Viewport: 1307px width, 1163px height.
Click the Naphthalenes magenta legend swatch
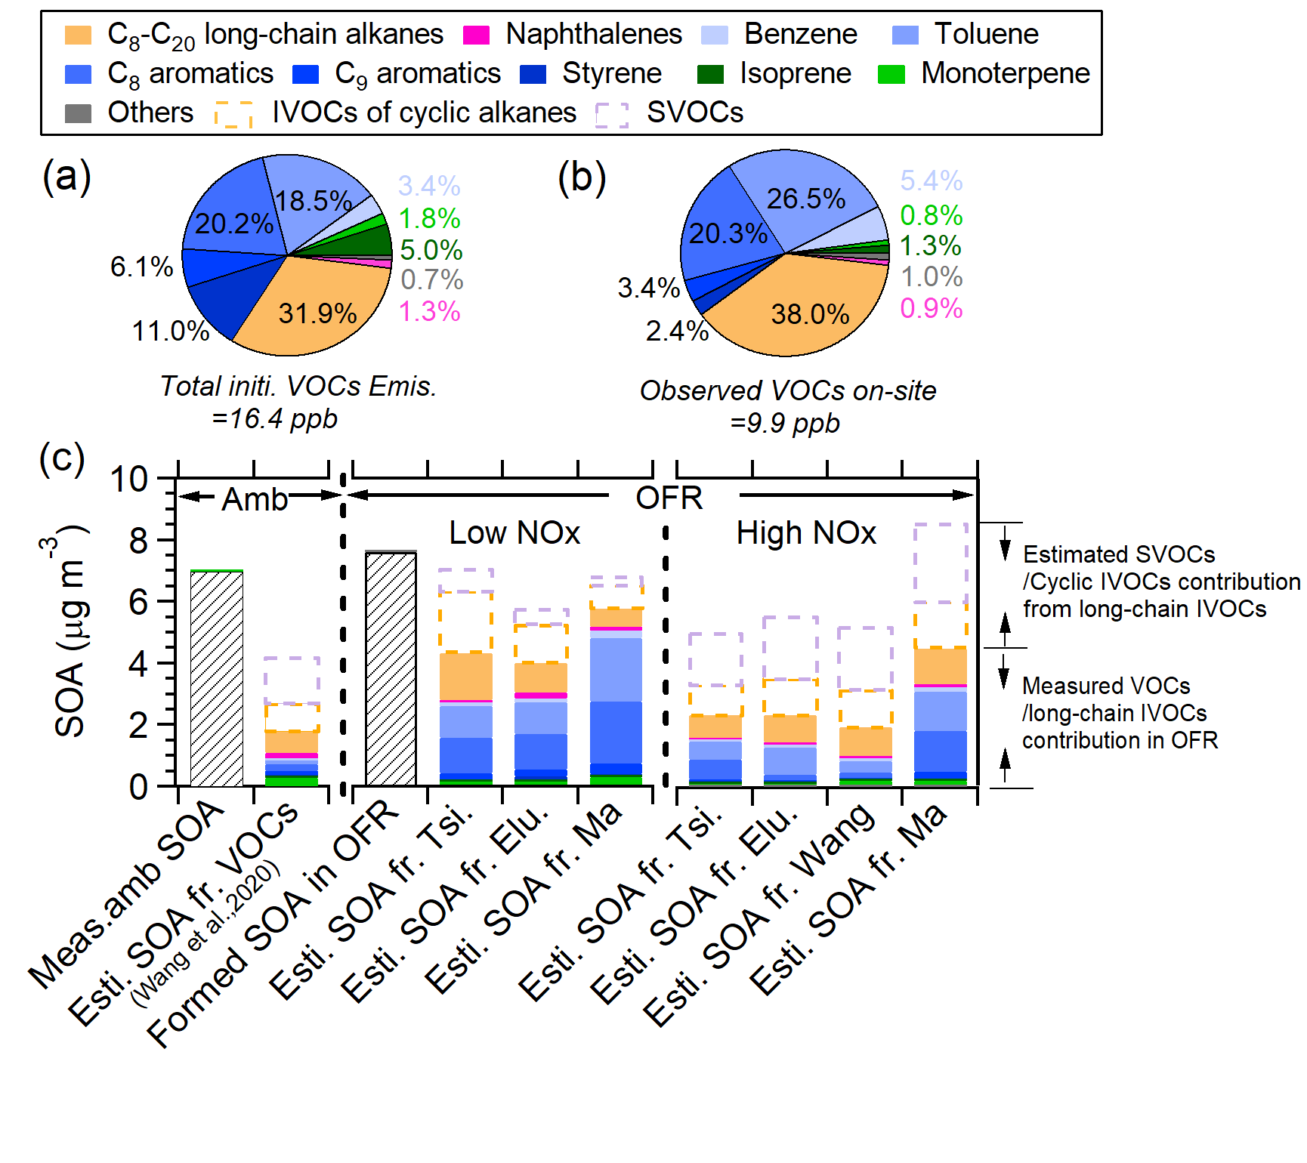click(476, 35)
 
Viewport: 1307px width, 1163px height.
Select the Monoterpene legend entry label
click(1005, 73)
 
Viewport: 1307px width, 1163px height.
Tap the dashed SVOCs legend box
click(611, 114)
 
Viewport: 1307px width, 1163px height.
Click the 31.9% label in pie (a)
click(317, 313)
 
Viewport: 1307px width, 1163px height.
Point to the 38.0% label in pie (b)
click(810, 313)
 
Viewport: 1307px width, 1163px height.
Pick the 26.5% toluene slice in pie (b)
click(805, 199)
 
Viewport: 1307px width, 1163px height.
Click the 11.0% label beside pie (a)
click(171, 331)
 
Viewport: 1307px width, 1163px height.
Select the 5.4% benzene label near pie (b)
click(931, 180)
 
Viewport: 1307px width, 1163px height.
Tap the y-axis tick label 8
click(138, 541)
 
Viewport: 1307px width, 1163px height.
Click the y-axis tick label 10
click(129, 479)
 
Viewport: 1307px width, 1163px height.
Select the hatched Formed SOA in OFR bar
click(391, 669)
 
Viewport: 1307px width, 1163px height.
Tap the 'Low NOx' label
click(514, 533)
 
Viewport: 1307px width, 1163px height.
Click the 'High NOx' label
click(806, 533)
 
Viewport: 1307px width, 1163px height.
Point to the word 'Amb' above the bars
click(255, 498)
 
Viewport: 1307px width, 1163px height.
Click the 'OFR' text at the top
click(669, 498)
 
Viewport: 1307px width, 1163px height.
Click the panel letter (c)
click(62, 458)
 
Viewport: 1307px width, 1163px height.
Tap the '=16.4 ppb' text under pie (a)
click(275, 418)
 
